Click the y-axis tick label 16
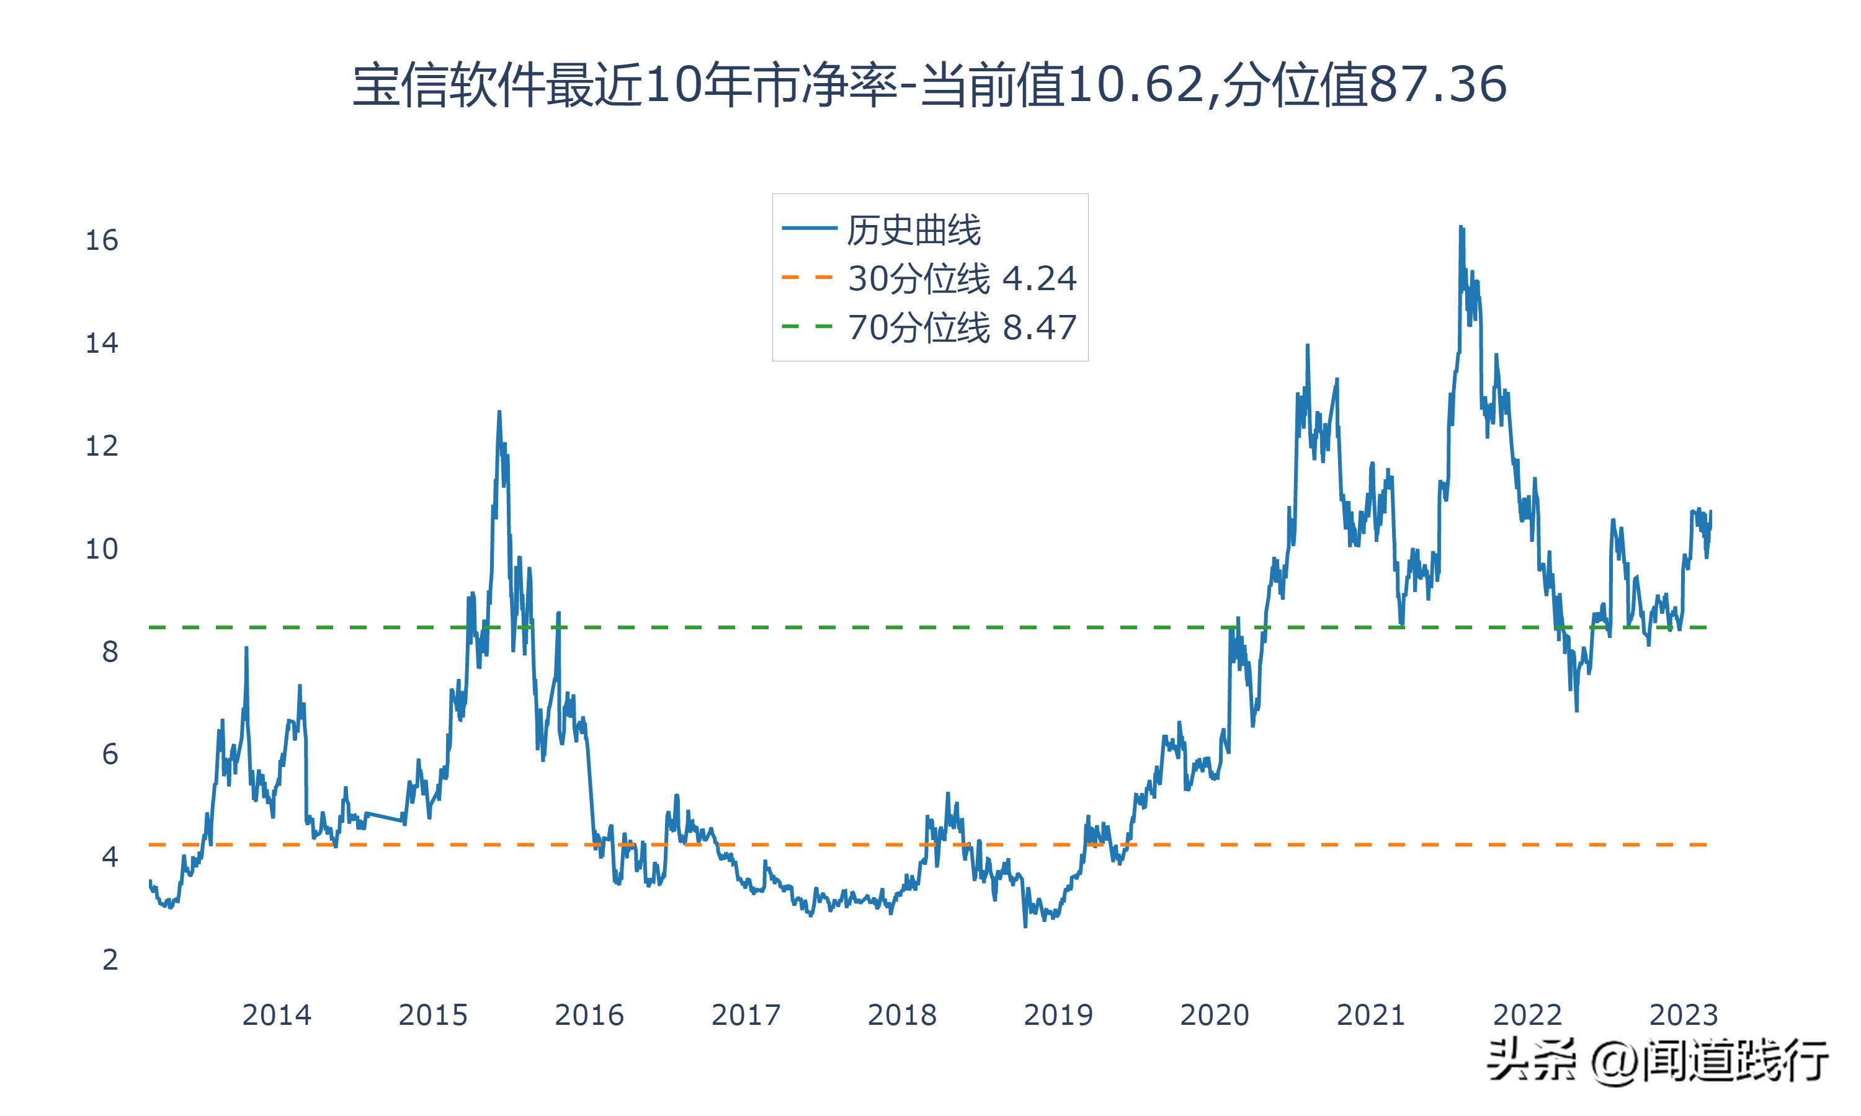(x=102, y=241)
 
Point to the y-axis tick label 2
(x=110, y=960)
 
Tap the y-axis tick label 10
(x=102, y=549)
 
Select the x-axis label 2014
(x=276, y=1015)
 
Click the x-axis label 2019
(x=1058, y=1015)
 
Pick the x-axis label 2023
(x=1684, y=1015)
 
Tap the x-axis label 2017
(x=746, y=1015)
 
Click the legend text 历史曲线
(x=913, y=230)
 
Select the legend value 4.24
(x=1040, y=279)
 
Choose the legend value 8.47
(x=1040, y=328)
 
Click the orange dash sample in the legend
(x=808, y=278)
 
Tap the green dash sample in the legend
(x=808, y=326)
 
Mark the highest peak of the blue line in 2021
(x=1460, y=226)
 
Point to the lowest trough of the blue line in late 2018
(x=1025, y=926)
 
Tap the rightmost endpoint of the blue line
(x=1710, y=511)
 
